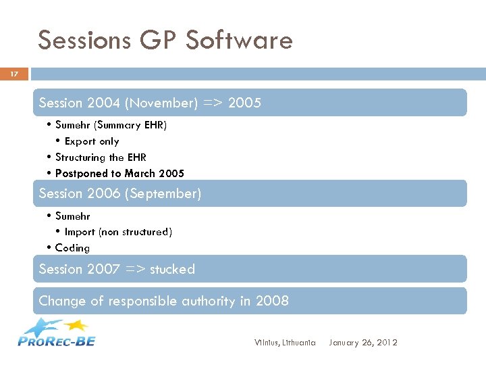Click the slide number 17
(13, 74)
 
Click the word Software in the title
(239, 41)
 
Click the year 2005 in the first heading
(244, 103)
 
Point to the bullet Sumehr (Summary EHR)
(111, 125)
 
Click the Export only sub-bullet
(91, 141)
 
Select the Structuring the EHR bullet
(99, 157)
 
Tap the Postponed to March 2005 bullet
(119, 174)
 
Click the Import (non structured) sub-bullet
(117, 232)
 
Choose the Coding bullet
(72, 248)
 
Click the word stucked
(172, 269)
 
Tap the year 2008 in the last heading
(273, 301)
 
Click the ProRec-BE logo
(57, 333)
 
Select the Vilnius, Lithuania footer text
(285, 343)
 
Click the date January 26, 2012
(363, 343)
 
